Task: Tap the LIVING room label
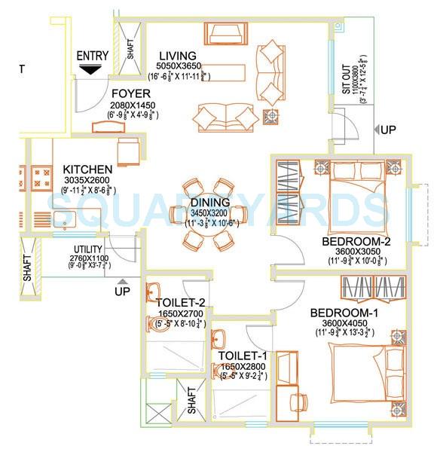[x=177, y=56]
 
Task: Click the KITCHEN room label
[x=87, y=169]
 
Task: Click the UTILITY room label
[x=87, y=249]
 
